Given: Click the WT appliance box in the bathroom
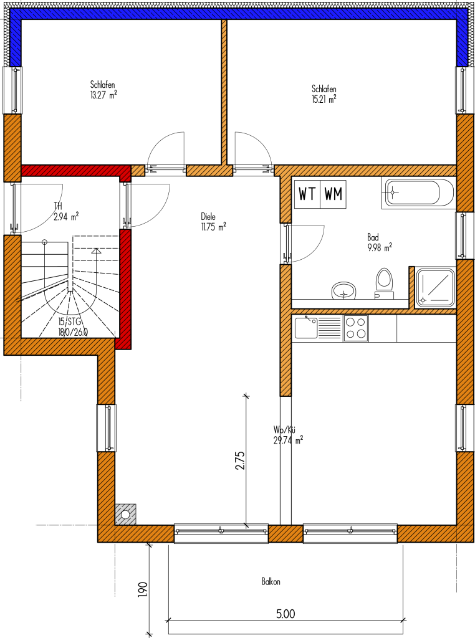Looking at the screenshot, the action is pyautogui.click(x=307, y=194).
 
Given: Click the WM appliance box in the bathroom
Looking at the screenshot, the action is pyautogui.click(x=333, y=194).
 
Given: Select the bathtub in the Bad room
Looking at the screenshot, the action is pyautogui.click(x=418, y=193).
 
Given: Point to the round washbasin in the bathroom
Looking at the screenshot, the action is pyautogui.click(x=344, y=290).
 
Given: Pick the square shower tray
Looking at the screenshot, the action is pyautogui.click(x=435, y=288).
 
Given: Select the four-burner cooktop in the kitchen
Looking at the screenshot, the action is pyautogui.click(x=355, y=328).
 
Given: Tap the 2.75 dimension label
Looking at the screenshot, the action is pyautogui.click(x=240, y=460).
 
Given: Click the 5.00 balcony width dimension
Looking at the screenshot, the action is pyautogui.click(x=285, y=614).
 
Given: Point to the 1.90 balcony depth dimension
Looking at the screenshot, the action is pyautogui.click(x=143, y=589).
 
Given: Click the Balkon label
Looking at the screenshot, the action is pyautogui.click(x=271, y=582).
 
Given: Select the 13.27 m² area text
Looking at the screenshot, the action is pyautogui.click(x=104, y=95).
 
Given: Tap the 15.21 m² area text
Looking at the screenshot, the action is pyautogui.click(x=324, y=99).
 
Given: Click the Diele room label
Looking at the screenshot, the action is pyautogui.click(x=208, y=217).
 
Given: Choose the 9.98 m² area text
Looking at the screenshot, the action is pyautogui.click(x=380, y=247).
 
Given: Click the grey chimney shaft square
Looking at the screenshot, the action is pyautogui.click(x=125, y=514).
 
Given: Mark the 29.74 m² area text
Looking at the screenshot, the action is pyautogui.click(x=288, y=440).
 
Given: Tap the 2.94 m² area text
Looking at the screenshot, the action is pyautogui.click(x=66, y=216).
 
